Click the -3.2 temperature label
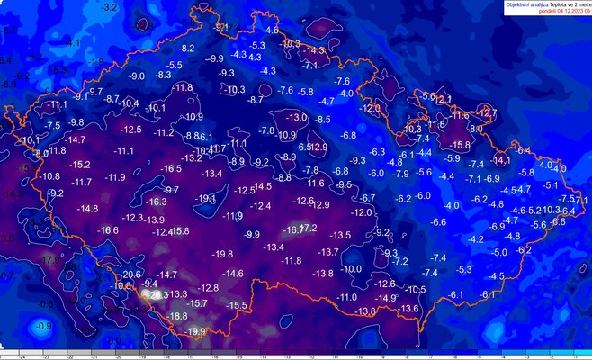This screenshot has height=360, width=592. tap(111, 7)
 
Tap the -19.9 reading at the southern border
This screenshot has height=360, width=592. tap(195, 331)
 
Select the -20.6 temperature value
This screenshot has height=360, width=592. tap(132, 274)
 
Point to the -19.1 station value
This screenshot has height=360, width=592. tap(206, 198)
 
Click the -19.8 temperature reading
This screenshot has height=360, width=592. tap(222, 255)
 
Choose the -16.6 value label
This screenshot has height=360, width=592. tap(108, 230)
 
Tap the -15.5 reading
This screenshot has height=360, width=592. tap(237, 306)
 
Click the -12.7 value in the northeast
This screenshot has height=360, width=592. tap(487, 112)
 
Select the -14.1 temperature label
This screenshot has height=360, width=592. tap(501, 160)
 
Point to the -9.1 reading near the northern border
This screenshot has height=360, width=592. tap(220, 28)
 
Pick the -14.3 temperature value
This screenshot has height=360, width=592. tap(315, 49)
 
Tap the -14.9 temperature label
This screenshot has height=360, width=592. tap(386, 298)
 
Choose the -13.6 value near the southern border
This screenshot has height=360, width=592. tap(409, 309)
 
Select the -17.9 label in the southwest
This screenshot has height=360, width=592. tap(49, 259)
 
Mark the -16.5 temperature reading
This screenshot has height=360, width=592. tap(171, 168)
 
